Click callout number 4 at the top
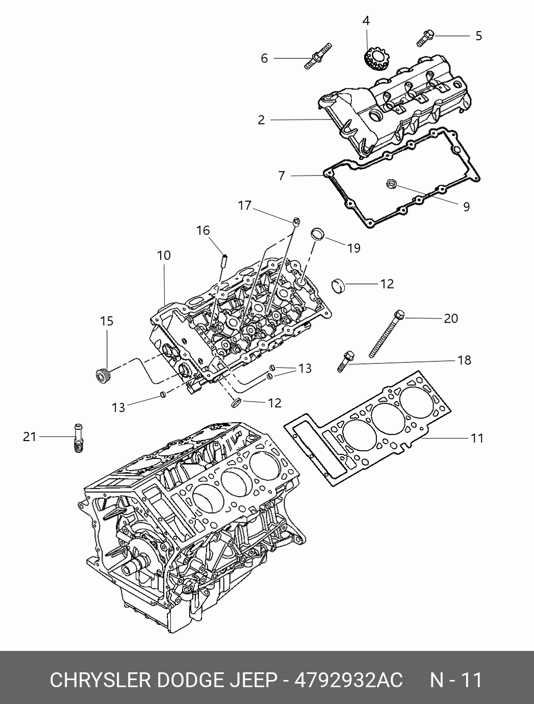point(366,21)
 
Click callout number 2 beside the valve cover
point(262,119)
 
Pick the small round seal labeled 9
point(392,184)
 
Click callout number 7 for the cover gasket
point(282,176)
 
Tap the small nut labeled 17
point(297,221)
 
